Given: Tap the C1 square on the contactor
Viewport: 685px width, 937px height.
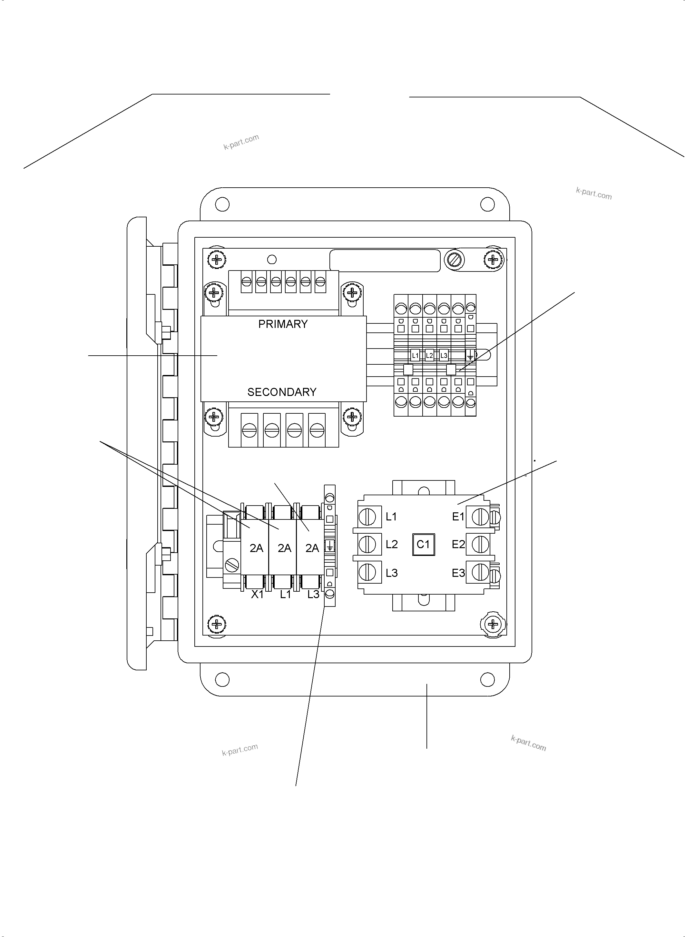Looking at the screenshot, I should point(423,544).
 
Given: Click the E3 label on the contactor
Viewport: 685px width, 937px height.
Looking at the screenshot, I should point(458,573).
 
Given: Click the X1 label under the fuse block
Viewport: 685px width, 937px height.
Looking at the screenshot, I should point(257,594).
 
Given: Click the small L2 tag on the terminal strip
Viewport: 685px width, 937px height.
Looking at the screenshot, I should point(429,355).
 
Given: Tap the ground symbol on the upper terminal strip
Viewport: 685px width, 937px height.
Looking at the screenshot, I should point(470,355).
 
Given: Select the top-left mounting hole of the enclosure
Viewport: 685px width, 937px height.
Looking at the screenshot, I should point(222,204).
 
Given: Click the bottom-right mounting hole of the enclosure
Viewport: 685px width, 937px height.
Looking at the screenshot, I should point(487,679).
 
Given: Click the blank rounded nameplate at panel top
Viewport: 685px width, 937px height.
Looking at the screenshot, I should point(385,261).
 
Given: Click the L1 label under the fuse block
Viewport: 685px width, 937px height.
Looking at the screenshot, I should point(285,594).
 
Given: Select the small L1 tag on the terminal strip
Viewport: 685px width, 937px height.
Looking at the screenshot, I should point(415,355).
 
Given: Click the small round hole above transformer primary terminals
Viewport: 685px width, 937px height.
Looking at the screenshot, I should point(272,260).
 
